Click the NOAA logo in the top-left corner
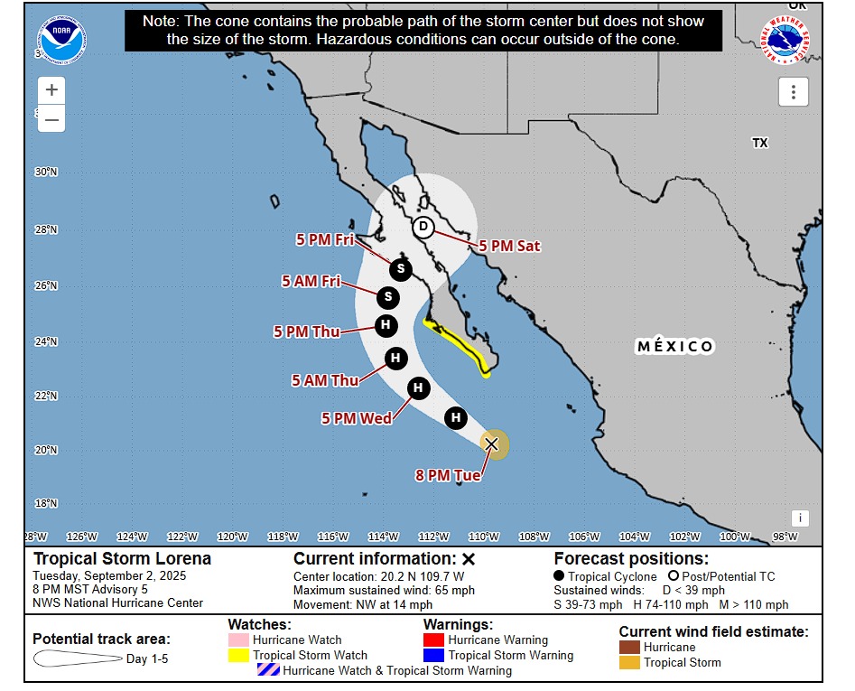61,40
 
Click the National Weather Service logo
785,40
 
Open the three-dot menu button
793,91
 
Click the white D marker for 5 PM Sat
423,227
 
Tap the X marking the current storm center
491,444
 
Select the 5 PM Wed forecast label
357,418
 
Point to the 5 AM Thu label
325,380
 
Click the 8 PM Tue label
448,475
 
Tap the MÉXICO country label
675,347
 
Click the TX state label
759,143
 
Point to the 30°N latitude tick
45,172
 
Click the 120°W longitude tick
233,537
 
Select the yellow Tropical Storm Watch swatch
239,655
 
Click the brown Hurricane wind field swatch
629,647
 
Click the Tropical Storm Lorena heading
122,558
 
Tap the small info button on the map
799,518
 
